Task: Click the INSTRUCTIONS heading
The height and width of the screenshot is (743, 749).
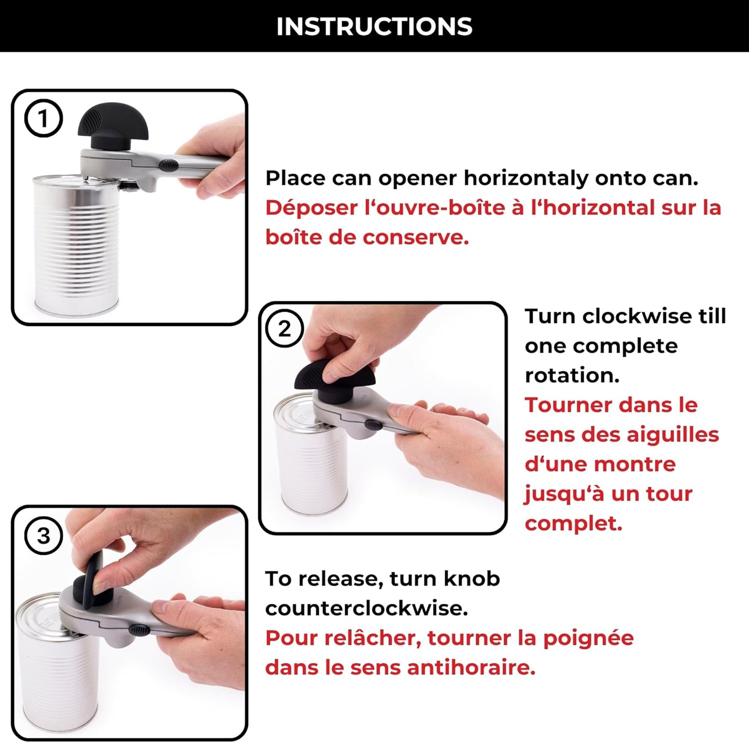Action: pyautogui.click(x=374, y=26)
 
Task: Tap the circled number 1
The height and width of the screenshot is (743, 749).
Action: pyautogui.click(x=44, y=119)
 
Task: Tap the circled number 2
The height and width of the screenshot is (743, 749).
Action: pyautogui.click(x=285, y=329)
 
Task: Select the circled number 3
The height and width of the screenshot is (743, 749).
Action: pyautogui.click(x=44, y=535)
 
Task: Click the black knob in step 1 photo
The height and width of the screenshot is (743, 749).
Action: pyautogui.click(x=112, y=124)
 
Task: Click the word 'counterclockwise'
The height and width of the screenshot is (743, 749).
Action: pyautogui.click(x=366, y=608)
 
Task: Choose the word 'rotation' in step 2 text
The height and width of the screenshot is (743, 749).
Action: pyautogui.click(x=572, y=375)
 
